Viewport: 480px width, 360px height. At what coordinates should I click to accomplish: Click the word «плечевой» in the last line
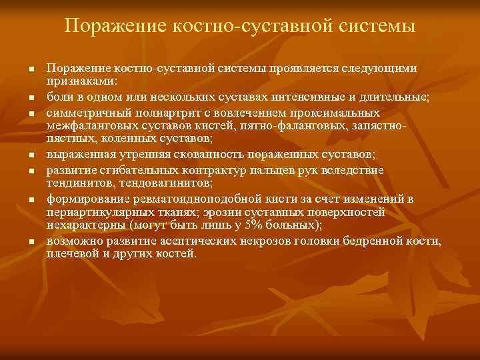[x=69, y=254]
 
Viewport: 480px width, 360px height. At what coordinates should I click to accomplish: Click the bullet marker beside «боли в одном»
[x=30, y=98]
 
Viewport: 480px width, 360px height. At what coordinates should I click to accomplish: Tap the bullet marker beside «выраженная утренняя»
[x=30, y=155]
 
